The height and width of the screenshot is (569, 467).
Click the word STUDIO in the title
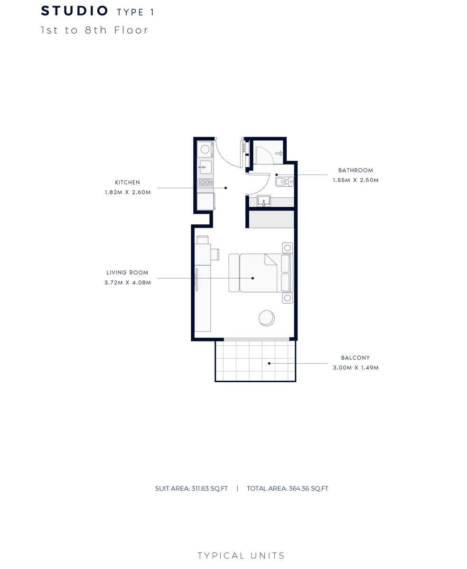[x=75, y=11]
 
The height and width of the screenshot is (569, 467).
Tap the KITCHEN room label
[x=128, y=183]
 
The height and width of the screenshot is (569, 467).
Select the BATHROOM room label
[x=355, y=170]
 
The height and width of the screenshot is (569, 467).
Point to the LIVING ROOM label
[x=127, y=273]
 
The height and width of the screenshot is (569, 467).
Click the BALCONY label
[x=355, y=358]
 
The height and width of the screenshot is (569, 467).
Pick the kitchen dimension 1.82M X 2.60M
[x=128, y=193]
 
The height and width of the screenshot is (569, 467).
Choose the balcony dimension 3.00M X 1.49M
[x=356, y=368]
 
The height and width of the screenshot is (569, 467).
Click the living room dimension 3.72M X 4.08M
[x=128, y=283]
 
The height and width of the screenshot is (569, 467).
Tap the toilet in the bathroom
[x=284, y=182]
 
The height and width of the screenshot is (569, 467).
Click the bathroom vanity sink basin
[x=263, y=201]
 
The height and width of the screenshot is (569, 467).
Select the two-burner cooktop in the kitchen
[x=205, y=183]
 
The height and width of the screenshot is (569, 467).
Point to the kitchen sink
[x=205, y=167]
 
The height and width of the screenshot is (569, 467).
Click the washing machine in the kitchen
[x=205, y=149]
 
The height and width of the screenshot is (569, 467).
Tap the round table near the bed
[x=267, y=318]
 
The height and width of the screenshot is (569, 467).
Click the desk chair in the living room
[x=215, y=255]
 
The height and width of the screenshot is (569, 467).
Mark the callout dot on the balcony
[x=269, y=363]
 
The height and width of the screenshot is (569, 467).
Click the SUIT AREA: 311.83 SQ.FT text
[x=191, y=488]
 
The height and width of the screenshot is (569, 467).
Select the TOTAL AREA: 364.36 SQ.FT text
[x=288, y=488]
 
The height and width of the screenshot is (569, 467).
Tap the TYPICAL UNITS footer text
[x=241, y=556]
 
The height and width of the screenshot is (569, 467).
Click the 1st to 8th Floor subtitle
[x=94, y=30]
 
